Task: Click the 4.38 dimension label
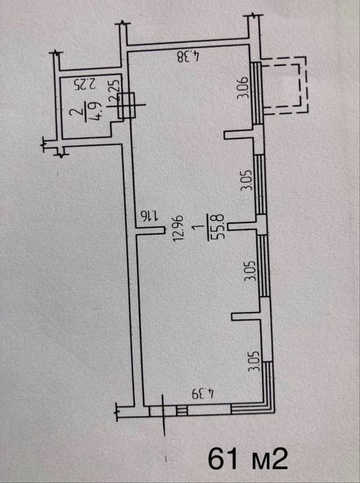pyautogui.click(x=189, y=57)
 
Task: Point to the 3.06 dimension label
pyautogui.click(x=243, y=87)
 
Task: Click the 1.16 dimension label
pyautogui.click(x=149, y=216)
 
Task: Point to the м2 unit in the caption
pyautogui.click(x=268, y=460)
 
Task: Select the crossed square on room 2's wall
pyautogui.click(x=126, y=105)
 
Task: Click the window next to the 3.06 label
pyautogui.click(x=256, y=93)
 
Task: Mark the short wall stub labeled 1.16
pyautogui.click(x=151, y=230)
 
